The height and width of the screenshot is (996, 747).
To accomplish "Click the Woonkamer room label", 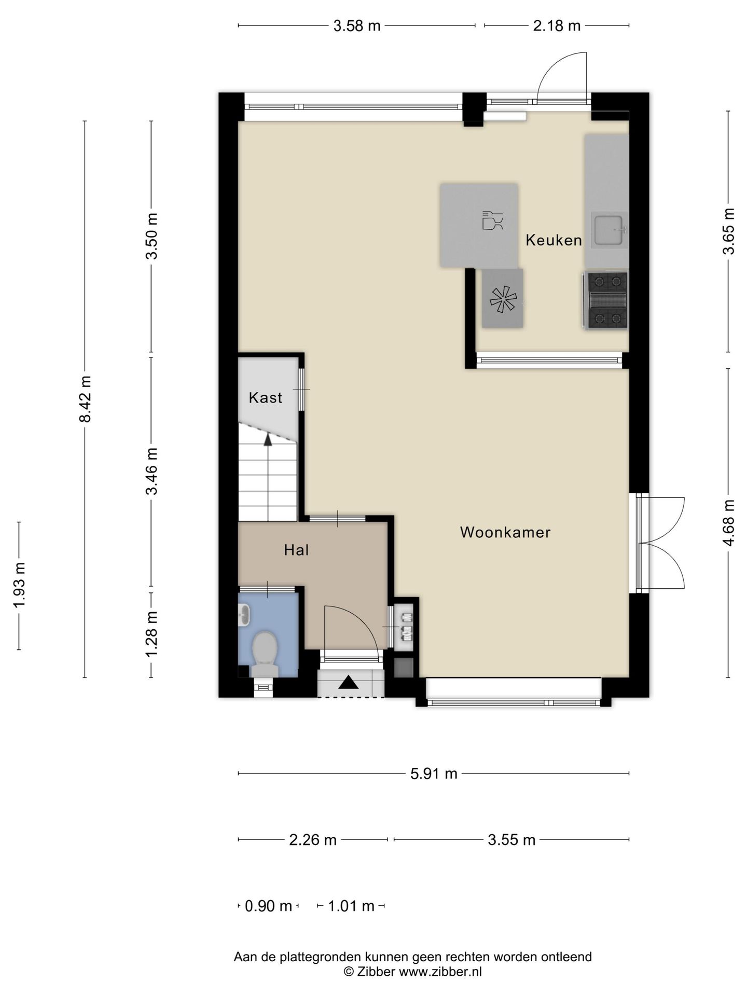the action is coord(505,532).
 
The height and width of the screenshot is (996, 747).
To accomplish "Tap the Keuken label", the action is coord(554,240).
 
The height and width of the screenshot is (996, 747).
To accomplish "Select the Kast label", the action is coord(266,398).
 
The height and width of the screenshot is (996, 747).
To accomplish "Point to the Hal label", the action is coord(296,550).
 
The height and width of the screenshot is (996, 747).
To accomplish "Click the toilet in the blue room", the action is coord(265,654).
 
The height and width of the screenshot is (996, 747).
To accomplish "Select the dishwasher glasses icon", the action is coord(492,220).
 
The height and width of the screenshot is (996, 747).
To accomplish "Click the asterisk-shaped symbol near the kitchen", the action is coord(503,300).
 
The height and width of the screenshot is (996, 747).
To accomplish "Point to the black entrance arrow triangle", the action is coord(349,682).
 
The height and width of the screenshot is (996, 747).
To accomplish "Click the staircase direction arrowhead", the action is coord(268,439).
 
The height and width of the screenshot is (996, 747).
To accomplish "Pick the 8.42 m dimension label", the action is coord(85,399).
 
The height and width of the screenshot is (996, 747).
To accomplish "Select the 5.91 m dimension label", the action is coord(434,774).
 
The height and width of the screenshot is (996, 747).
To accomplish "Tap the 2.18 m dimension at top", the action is coord(557,25).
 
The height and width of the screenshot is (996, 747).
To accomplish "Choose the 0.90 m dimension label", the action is coord(268,906).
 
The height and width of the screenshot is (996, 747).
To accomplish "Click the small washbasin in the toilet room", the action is coord(244,617).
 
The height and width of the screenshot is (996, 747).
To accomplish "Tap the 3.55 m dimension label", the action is coord(511,840).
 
